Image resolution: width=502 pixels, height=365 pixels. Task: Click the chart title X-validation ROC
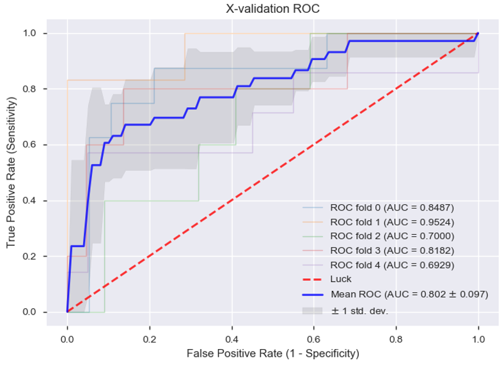(272, 9)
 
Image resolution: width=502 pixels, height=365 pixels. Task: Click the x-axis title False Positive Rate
(272, 353)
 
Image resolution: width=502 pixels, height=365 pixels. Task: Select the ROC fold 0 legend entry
(391, 208)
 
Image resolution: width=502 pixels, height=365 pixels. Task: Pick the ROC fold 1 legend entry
(391, 222)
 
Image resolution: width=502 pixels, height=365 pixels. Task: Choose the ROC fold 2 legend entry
(391, 236)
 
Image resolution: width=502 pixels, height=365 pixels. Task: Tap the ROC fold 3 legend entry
(391, 250)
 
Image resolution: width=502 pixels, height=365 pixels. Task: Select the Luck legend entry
(340, 279)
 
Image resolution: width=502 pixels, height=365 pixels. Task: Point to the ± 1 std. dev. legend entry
(359, 311)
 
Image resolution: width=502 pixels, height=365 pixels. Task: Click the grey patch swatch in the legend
(313, 310)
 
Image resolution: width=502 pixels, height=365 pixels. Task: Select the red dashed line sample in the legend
(313, 279)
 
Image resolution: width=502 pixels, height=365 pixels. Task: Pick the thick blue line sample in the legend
(313, 295)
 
